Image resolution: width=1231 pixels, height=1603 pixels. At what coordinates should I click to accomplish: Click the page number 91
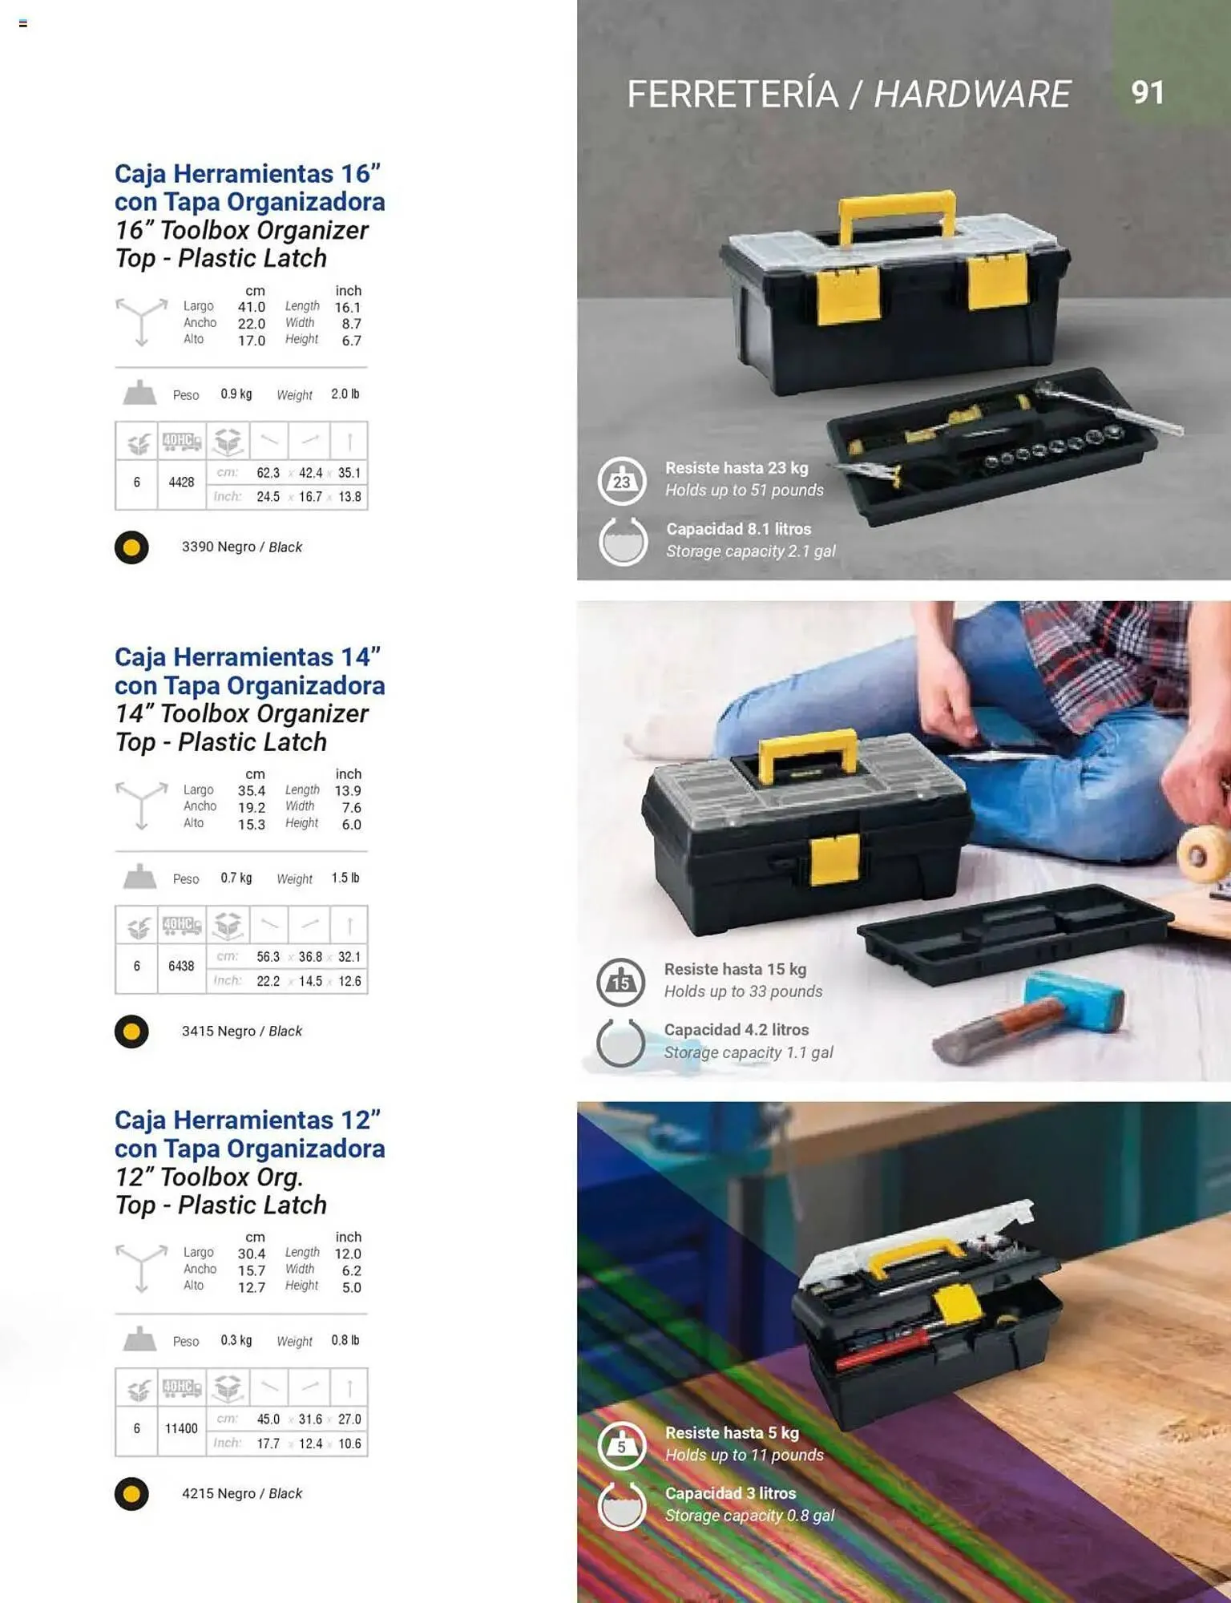pos(1147,92)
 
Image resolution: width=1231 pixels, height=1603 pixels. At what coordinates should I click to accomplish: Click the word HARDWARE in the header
pos(971,94)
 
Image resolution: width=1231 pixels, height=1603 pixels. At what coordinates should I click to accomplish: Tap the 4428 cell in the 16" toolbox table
pos(181,483)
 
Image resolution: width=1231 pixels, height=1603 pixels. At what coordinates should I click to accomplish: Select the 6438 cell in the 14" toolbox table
pos(181,967)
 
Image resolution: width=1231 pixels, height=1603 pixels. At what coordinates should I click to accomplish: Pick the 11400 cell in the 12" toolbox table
pos(181,1429)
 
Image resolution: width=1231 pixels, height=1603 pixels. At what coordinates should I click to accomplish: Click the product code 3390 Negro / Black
pos(241,547)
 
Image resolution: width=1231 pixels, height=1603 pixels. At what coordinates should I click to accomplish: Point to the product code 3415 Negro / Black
pos(241,1032)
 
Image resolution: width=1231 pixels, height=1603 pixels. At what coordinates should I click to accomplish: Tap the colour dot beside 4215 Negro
pos(131,1494)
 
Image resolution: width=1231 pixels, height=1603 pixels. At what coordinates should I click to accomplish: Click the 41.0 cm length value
pos(251,308)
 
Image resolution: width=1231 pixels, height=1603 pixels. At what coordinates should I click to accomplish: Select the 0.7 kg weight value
pos(236,878)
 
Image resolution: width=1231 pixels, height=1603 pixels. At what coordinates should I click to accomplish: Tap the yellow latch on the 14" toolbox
pos(835,860)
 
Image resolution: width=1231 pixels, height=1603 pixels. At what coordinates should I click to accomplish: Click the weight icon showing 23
pos(622,481)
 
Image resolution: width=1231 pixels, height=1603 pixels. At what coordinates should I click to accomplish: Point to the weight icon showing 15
pos(621,982)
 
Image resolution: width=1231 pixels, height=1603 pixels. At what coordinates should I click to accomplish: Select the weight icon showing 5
pos(622,1446)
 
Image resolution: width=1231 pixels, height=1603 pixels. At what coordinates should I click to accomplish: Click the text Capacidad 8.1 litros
pos(738,529)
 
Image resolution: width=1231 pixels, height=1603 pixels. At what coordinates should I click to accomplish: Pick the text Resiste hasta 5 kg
pos(732,1433)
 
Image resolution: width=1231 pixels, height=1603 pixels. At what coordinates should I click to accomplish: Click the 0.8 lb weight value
pos(345,1341)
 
